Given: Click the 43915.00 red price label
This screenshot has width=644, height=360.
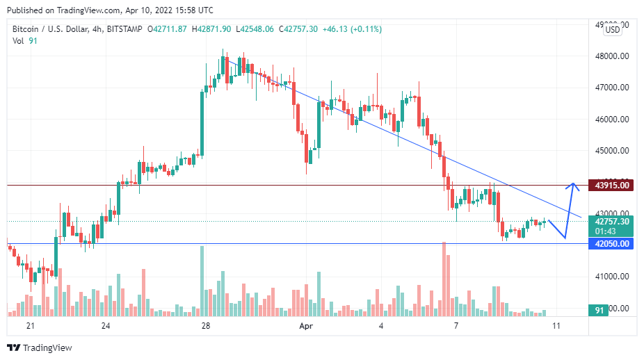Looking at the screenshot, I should click(x=611, y=185).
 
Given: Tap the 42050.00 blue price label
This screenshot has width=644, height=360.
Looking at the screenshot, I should click(x=611, y=244).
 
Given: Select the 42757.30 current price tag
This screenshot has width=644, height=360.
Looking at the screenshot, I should click(x=611, y=221).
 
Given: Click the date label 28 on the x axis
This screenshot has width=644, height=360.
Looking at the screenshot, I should click(x=205, y=325).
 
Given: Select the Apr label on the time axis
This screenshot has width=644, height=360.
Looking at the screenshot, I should click(x=306, y=325).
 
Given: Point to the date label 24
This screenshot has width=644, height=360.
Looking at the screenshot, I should click(x=105, y=325).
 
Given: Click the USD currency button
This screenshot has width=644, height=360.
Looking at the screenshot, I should click(x=613, y=29).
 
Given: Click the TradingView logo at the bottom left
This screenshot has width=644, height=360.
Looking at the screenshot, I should click(x=40, y=347).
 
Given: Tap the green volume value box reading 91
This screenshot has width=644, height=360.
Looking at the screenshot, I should click(x=598, y=310).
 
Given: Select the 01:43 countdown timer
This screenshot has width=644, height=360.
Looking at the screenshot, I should click(x=602, y=231).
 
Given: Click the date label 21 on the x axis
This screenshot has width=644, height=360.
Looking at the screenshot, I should click(x=30, y=325).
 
